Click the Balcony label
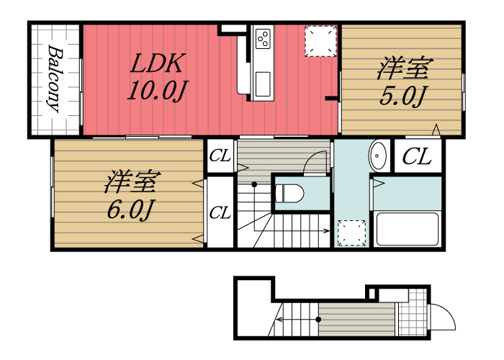click(53, 79)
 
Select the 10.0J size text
click(158, 91)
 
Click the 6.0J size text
click(130, 210)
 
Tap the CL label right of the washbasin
click(417, 156)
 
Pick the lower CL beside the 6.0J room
click(220, 213)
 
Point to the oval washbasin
click(378, 155)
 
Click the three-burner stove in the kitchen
click(262, 35)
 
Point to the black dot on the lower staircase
click(318, 318)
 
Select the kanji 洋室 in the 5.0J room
click(404, 69)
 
